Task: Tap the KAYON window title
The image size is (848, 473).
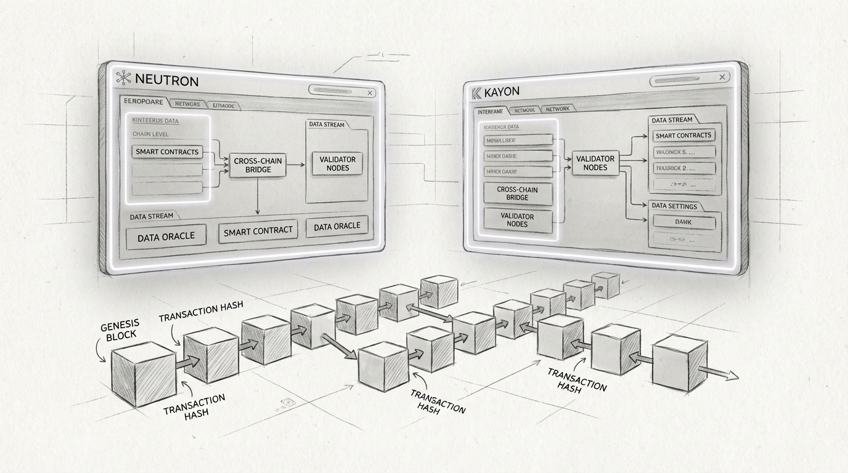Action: (502, 92)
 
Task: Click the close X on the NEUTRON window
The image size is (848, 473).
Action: (370, 93)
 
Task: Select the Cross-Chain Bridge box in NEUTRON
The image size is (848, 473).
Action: (258, 164)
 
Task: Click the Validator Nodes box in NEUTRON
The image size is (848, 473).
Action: (338, 163)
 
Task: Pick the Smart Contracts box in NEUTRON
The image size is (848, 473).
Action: (167, 152)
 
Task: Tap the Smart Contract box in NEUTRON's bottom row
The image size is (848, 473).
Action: (258, 230)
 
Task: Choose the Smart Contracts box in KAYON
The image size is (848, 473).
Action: (683, 135)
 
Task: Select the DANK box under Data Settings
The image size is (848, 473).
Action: (683, 222)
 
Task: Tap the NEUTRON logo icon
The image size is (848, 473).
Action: (124, 78)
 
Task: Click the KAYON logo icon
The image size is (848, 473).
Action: (476, 93)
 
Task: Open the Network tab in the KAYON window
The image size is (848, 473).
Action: (558, 108)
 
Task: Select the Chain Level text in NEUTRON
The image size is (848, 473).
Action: (150, 134)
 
